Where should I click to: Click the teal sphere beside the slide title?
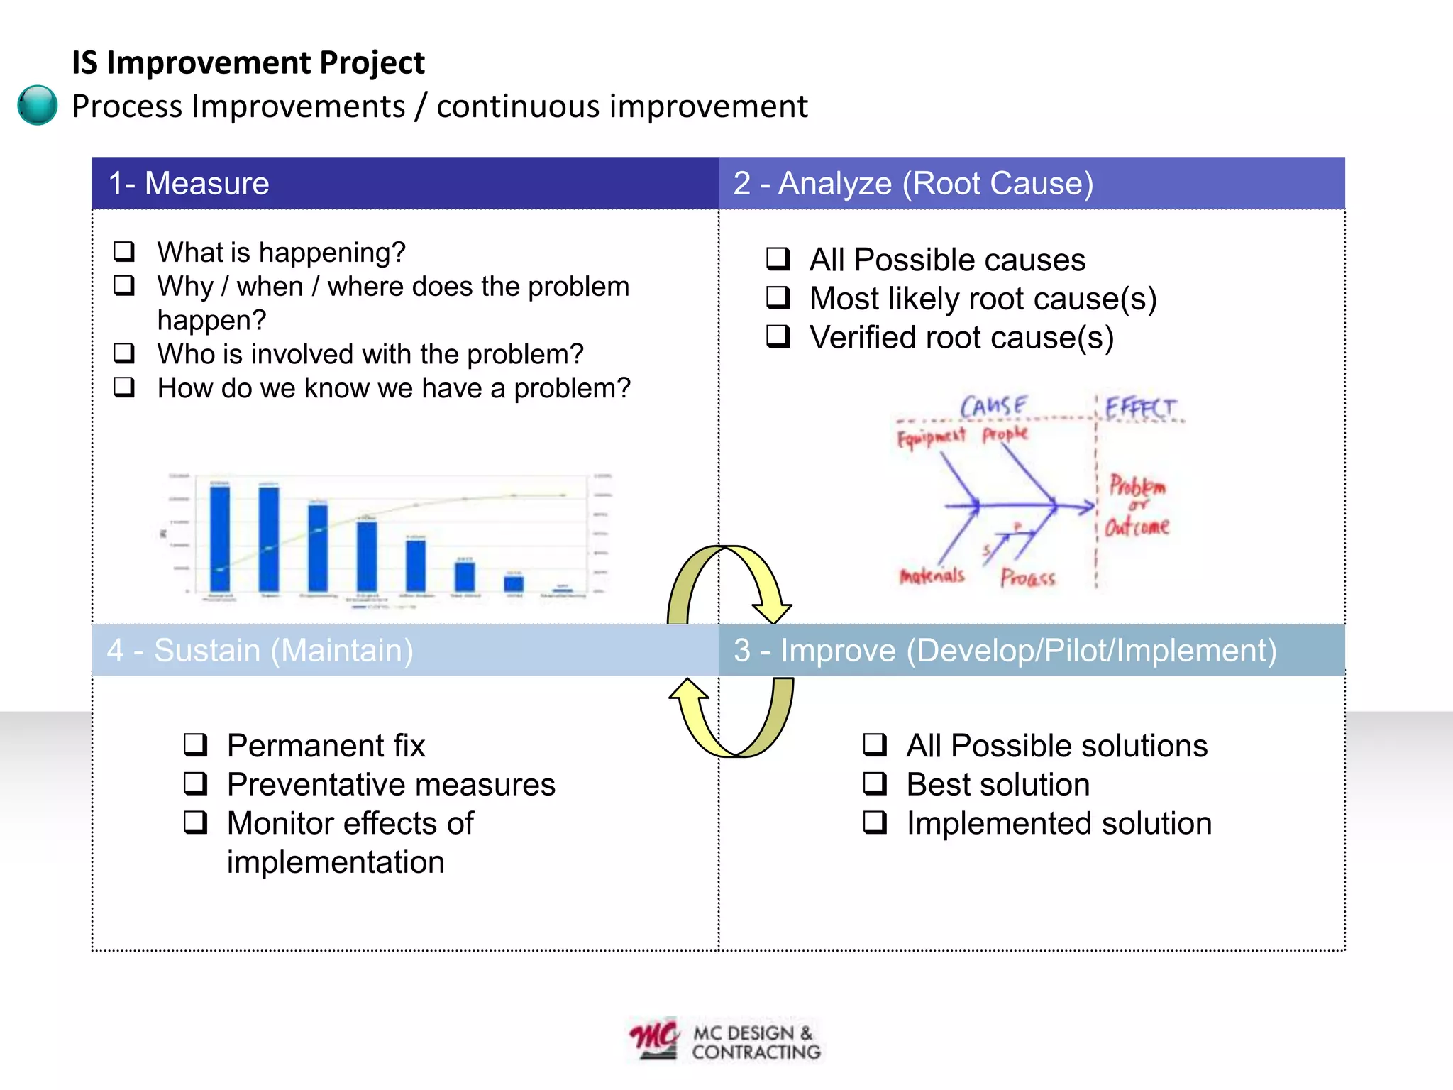(x=37, y=105)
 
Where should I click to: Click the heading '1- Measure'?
(x=189, y=183)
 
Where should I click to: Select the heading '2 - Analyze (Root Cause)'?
(x=913, y=183)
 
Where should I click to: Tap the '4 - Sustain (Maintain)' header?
(x=260, y=650)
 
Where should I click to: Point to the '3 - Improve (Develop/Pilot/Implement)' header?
(x=1005, y=650)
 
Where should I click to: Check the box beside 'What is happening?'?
(x=124, y=251)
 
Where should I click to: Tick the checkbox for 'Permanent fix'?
(x=195, y=744)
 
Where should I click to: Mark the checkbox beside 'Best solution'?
(x=875, y=783)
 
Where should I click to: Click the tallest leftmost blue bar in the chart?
(x=220, y=537)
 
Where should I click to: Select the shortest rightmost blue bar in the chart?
(x=563, y=588)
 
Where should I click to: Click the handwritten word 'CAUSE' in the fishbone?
(x=993, y=407)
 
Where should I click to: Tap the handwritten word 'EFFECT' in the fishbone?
(x=1140, y=408)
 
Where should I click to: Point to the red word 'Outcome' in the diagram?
(x=1137, y=526)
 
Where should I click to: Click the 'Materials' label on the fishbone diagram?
(x=932, y=575)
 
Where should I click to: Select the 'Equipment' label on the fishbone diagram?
(x=931, y=436)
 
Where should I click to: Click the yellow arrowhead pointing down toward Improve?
(x=772, y=611)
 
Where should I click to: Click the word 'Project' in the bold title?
(x=371, y=62)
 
